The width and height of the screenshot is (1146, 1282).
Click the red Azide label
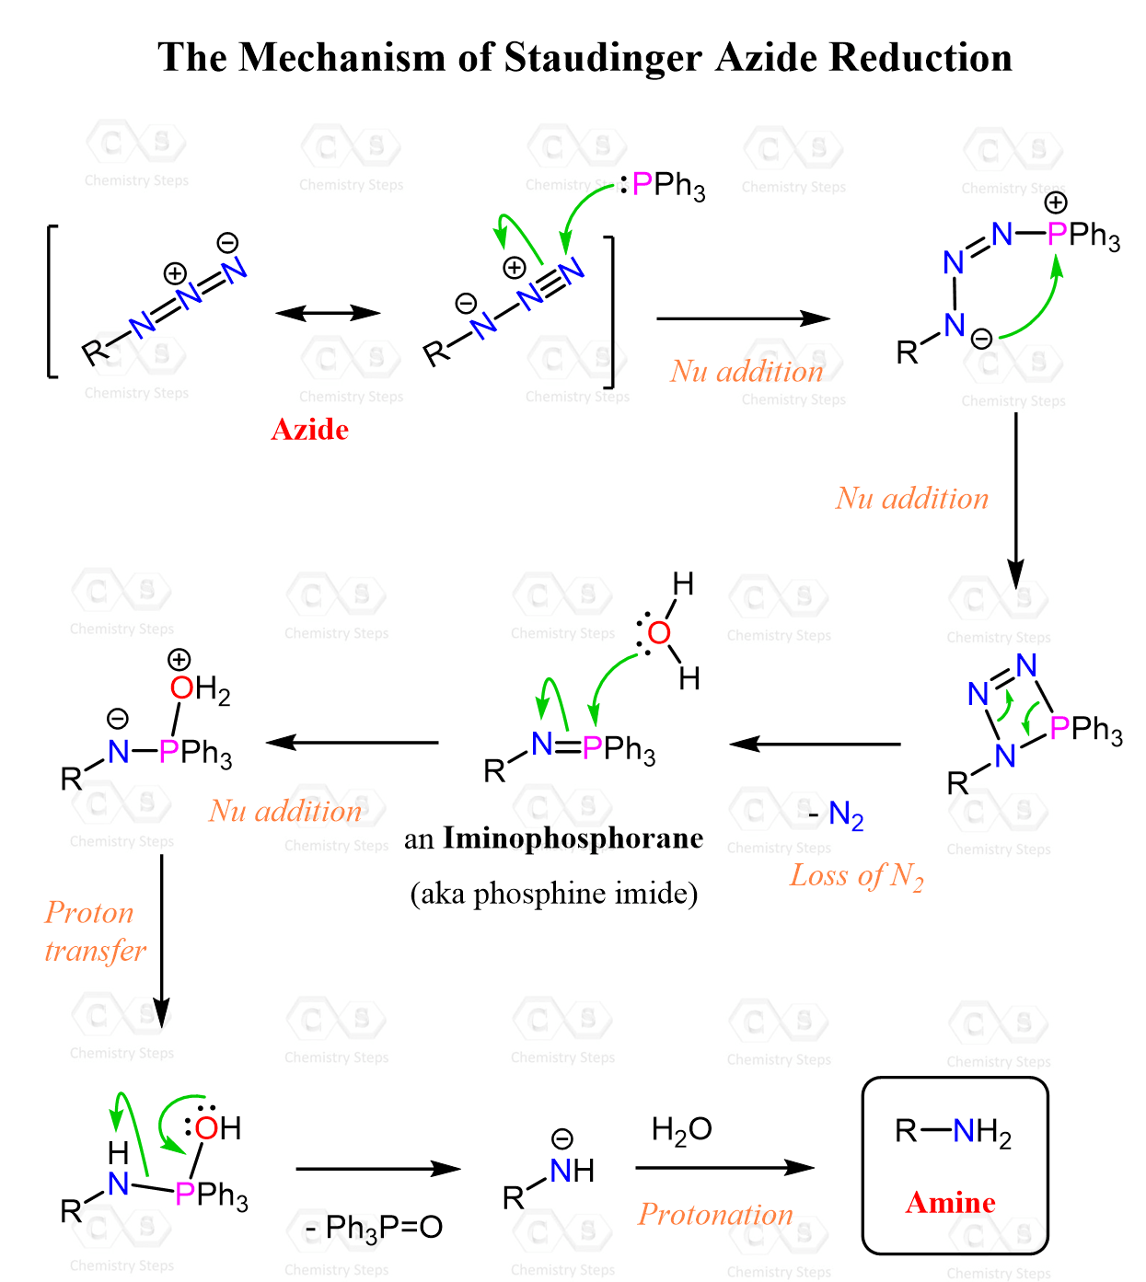(309, 429)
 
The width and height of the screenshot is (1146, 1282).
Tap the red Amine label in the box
(950, 1202)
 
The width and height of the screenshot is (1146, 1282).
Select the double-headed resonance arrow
(328, 313)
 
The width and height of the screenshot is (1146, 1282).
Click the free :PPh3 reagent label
(662, 186)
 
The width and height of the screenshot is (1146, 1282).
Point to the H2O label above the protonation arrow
(681, 1129)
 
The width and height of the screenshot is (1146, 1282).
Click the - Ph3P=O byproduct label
(374, 1228)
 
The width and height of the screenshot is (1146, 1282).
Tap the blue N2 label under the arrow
(845, 815)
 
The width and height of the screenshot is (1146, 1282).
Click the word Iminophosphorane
(573, 837)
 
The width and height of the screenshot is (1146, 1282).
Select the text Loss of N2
(856, 876)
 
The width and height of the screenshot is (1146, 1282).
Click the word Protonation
(715, 1214)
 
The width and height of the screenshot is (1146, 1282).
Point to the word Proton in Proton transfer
(89, 913)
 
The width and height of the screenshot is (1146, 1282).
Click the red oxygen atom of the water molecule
(659, 632)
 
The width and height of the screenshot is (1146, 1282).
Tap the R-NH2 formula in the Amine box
(953, 1131)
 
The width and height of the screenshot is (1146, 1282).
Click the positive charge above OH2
(179, 659)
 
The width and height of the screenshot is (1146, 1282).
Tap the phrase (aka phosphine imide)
(554, 894)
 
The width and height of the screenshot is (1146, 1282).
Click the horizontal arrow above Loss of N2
(815, 745)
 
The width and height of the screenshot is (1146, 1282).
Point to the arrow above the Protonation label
(724, 1168)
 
